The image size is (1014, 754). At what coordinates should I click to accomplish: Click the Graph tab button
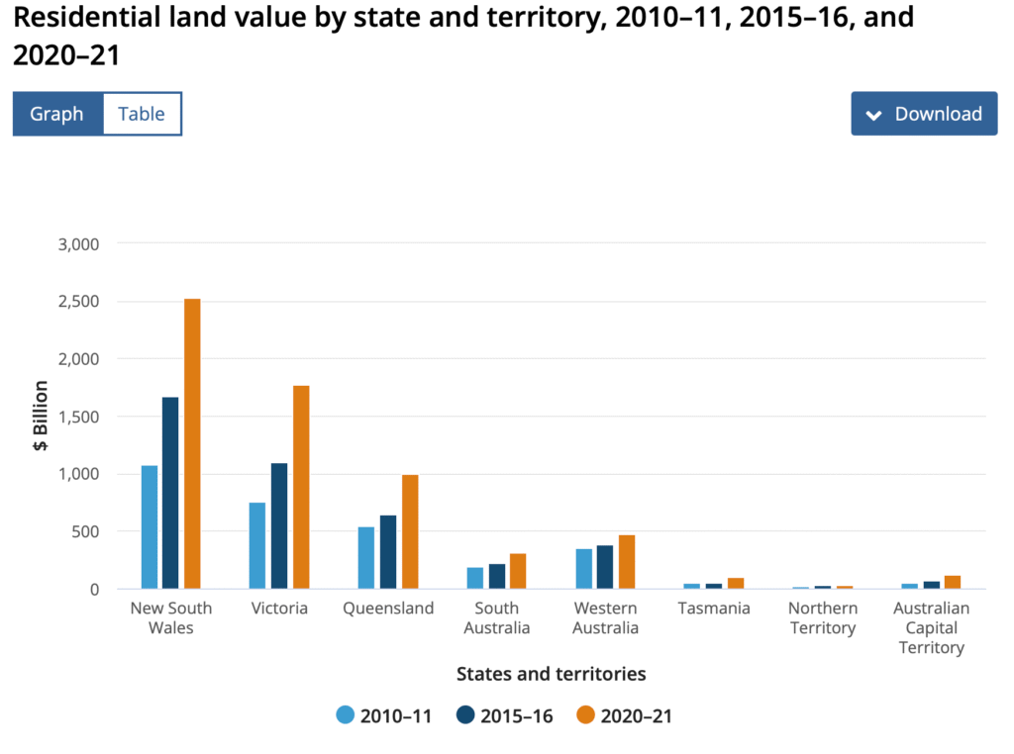point(56,114)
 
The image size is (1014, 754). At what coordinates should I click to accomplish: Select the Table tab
point(142,114)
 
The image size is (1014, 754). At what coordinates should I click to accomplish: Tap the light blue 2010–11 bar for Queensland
point(366,558)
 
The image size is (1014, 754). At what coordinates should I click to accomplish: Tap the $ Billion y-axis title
point(42,416)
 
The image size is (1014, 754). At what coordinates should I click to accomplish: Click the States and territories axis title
point(551,674)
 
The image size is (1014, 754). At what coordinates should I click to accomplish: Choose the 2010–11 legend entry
point(384,716)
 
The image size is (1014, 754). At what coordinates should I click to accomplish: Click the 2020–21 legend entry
point(624,716)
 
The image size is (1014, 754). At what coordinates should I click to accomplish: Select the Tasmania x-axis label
point(714,609)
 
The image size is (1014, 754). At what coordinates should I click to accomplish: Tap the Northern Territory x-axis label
point(823,618)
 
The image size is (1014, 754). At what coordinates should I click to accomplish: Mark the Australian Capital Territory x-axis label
point(931,627)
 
